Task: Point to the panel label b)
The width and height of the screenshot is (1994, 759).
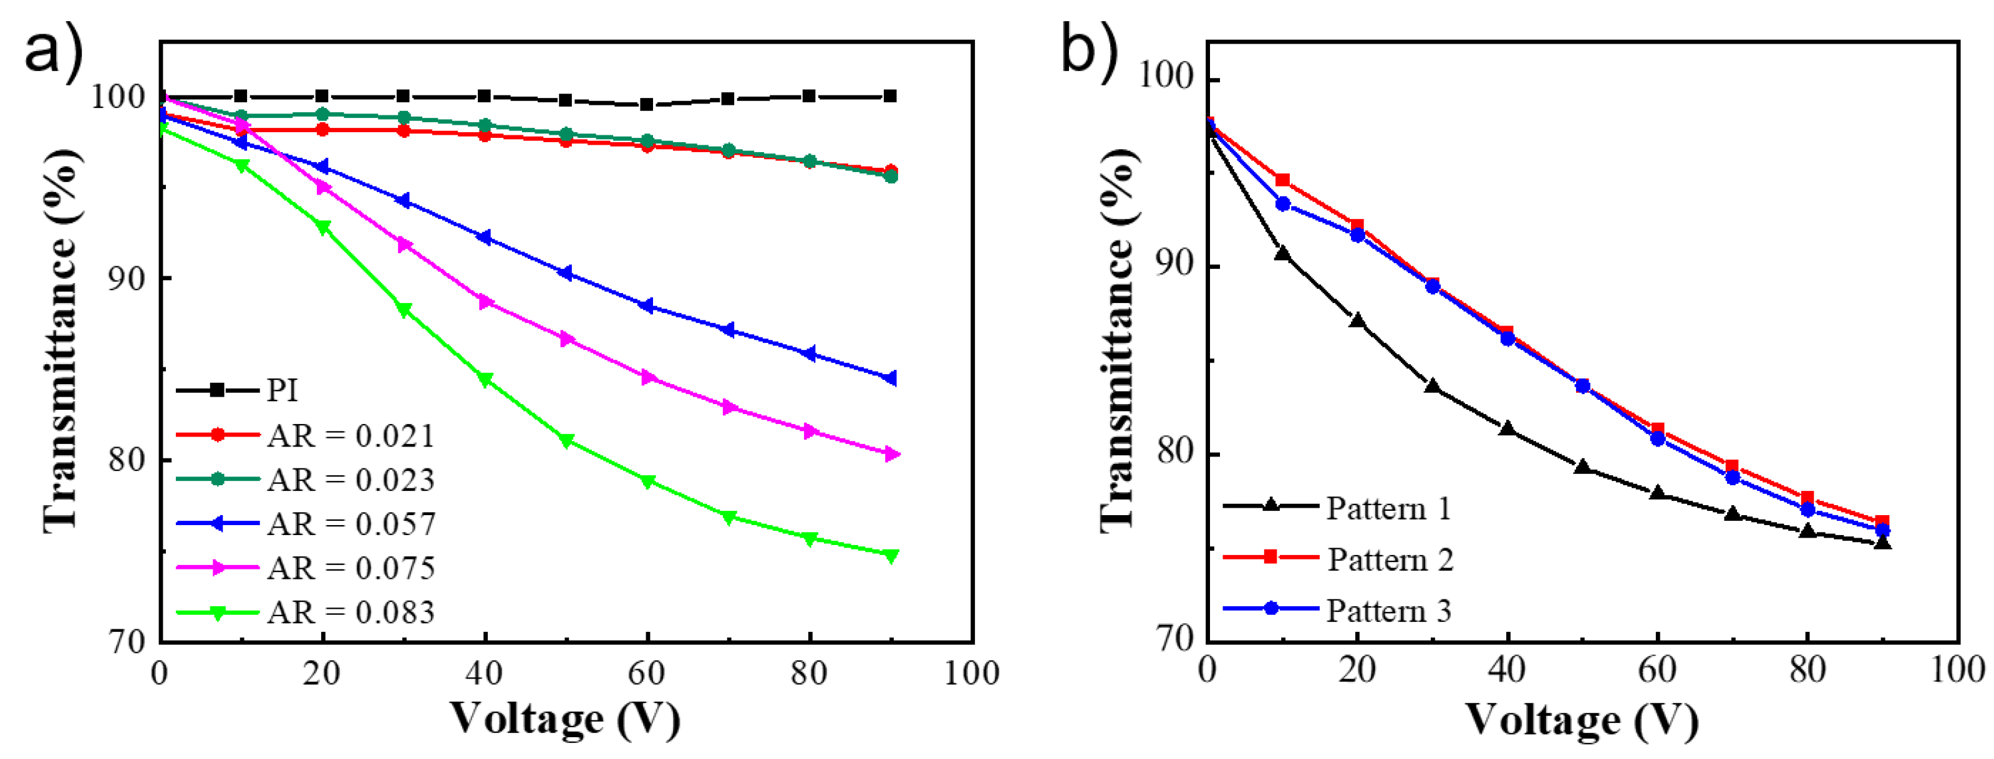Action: coord(1088,48)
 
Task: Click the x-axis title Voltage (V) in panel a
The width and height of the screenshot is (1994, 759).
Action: coord(565,718)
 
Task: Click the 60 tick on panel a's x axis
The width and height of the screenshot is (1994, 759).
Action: coord(646,673)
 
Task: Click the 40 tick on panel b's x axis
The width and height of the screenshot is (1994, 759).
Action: coord(1506,670)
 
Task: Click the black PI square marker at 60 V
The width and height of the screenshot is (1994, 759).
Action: coord(646,104)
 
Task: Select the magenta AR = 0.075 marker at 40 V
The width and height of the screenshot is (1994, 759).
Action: coord(485,302)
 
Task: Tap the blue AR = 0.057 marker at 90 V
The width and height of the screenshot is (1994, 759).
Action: coord(890,379)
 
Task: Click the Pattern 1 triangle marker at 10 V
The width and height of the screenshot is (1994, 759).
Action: coord(1282,253)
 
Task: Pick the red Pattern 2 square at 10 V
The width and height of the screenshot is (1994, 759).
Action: coord(1282,180)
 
